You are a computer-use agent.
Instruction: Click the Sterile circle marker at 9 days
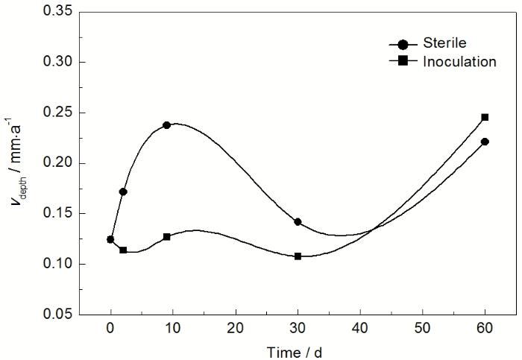166,124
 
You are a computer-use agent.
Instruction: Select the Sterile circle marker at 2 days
123,192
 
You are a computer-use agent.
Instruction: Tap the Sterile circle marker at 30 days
298,221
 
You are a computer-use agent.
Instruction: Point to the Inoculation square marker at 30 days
298,256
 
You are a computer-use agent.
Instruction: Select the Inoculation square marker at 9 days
166,236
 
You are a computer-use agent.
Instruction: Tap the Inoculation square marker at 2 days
123,250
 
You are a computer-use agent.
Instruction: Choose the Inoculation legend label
459,62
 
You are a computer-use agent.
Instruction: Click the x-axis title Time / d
295,350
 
